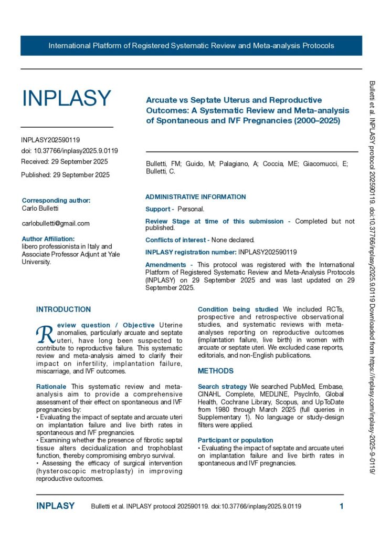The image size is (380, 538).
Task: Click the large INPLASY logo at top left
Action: coord(66,98)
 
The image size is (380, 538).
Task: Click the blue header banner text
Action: coord(191,46)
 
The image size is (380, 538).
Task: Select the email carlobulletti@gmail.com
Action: coord(55,223)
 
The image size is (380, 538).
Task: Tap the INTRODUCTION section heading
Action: coord(64,309)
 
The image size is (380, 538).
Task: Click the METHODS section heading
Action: coord(216,371)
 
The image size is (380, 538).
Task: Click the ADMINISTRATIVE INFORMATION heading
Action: coord(195,197)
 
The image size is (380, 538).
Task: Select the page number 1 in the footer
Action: coord(341,506)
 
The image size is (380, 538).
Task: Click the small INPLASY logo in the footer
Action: coord(55,506)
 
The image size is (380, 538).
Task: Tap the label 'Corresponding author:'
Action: coord(56,200)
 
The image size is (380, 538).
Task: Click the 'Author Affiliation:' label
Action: coord(52,239)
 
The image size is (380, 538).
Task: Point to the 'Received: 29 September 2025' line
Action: coord(65,161)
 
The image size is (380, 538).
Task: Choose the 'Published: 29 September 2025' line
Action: coord(65,175)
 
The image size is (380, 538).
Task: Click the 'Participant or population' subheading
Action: coord(235,440)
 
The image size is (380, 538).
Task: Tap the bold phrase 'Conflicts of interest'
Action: coord(177,240)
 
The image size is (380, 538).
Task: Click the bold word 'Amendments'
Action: coord(165,265)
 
